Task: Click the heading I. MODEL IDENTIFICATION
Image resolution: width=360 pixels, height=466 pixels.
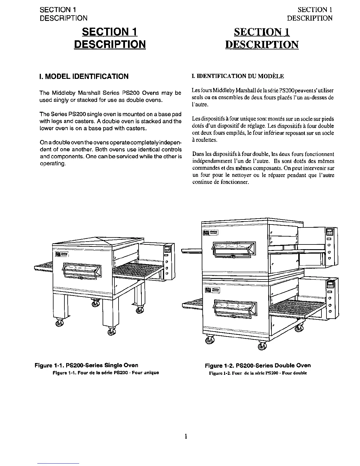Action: [84, 76]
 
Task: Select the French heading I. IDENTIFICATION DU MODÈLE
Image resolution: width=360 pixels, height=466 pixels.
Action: [238, 76]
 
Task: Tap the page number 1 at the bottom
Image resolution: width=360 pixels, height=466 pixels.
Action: [186, 436]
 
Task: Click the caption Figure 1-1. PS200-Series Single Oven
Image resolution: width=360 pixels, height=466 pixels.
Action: [86, 365]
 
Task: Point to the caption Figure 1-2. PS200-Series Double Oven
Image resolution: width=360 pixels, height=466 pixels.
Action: [258, 365]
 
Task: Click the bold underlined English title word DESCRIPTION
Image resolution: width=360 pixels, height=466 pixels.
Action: [110, 44]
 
